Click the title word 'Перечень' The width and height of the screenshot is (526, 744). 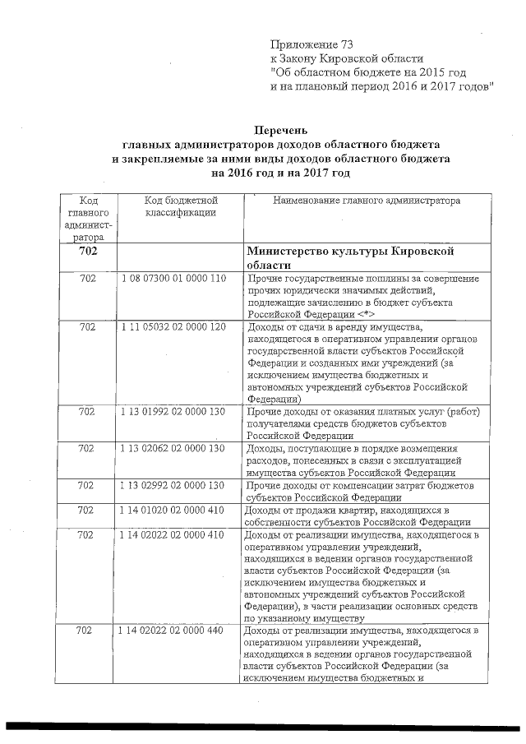pyautogui.click(x=280, y=130)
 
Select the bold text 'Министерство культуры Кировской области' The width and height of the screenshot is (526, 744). pyautogui.click(x=350, y=258)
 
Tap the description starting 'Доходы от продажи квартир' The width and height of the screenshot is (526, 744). pyautogui.click(x=358, y=516)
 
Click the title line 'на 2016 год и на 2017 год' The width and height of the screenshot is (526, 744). pyautogui.click(x=280, y=173)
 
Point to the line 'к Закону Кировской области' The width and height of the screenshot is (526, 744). pyautogui.click(x=347, y=58)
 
